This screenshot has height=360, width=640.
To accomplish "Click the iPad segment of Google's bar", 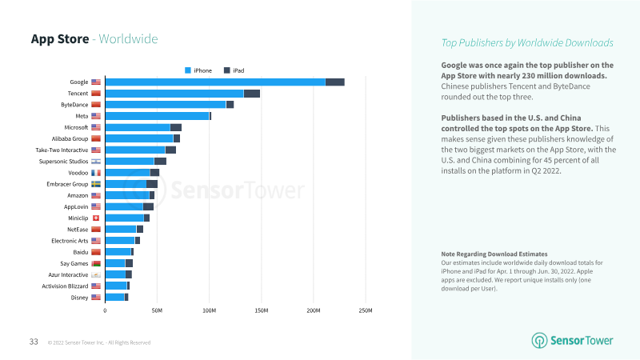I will [x=334, y=82].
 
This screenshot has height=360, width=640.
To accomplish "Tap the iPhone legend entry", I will [x=199, y=70].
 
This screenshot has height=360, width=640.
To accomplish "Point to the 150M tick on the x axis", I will [x=262, y=310].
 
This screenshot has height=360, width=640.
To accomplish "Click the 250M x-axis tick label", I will [x=366, y=310].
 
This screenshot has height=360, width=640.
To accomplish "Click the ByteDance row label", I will [x=74, y=105].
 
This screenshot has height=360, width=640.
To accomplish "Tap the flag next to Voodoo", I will [x=96, y=173].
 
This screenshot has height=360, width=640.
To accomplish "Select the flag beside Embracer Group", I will [x=96, y=184].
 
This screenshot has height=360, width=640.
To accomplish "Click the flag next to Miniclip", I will [x=96, y=218].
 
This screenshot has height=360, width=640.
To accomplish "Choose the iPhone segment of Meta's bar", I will [x=157, y=116].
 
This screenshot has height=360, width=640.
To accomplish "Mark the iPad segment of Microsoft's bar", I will [x=176, y=127].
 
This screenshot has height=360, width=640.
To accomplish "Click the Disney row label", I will [x=78, y=298].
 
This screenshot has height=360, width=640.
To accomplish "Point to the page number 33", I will [x=34, y=342].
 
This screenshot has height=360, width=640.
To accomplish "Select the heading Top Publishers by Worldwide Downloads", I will [x=527, y=42].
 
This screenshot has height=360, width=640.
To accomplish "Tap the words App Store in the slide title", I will [x=59, y=39].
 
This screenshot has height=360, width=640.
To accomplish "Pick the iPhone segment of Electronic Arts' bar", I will [x=120, y=241].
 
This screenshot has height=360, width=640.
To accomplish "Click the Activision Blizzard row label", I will [x=65, y=286].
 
